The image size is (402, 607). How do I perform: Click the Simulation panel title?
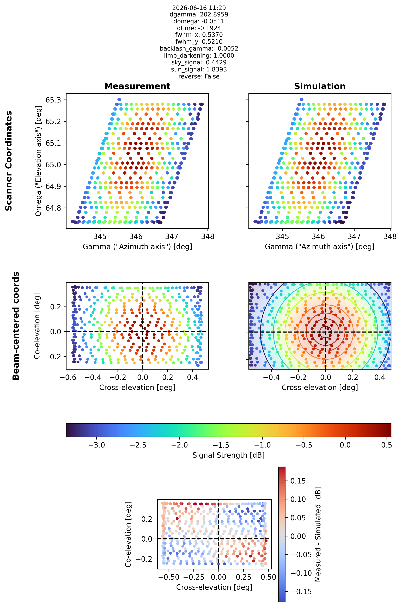tap(320, 86)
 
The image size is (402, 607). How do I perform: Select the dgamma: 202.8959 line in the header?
tap(199, 14)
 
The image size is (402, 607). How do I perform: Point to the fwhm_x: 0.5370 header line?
tap(199, 35)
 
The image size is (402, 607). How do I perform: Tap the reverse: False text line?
tap(199, 76)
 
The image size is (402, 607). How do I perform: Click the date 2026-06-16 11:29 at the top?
tap(199, 8)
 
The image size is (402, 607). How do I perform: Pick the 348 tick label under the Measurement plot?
tap(208, 236)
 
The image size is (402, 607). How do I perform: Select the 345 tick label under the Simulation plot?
tap(282, 236)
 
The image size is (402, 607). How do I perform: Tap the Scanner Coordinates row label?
tap(9, 161)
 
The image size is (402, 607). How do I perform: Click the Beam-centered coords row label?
tap(16, 326)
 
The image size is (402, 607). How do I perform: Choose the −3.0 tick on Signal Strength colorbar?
tap(96, 445)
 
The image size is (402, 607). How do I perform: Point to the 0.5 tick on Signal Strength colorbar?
tap(386, 445)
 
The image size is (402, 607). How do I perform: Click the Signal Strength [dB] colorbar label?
tap(228, 455)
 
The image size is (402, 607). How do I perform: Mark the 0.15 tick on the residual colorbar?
tap(298, 481)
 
